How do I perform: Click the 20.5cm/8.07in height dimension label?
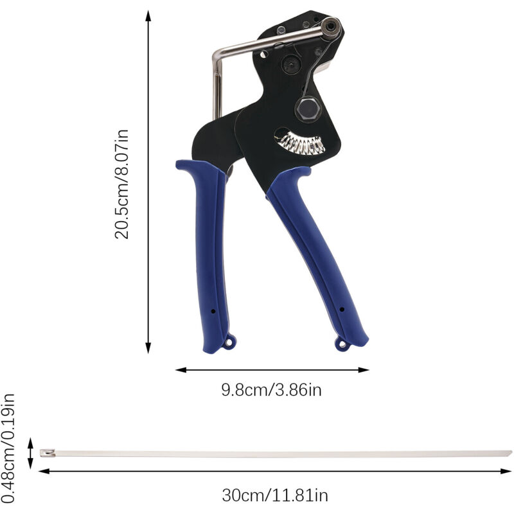(121, 184)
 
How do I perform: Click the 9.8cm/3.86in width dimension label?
(271, 390)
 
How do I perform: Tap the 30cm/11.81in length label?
(275, 495)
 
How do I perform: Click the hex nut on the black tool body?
(308, 109)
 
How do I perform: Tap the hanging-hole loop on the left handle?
(229, 342)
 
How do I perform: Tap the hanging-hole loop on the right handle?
(342, 344)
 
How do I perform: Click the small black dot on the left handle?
(213, 311)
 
